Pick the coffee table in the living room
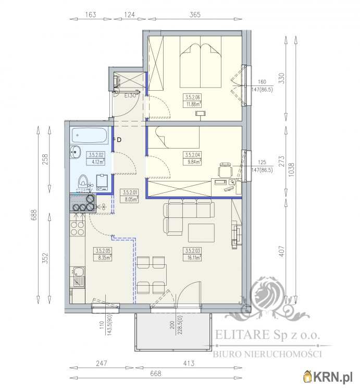(201, 233)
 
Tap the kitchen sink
(78, 272)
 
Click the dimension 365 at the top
(195, 15)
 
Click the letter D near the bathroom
(119, 139)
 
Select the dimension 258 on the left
(45, 157)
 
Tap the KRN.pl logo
(331, 376)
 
